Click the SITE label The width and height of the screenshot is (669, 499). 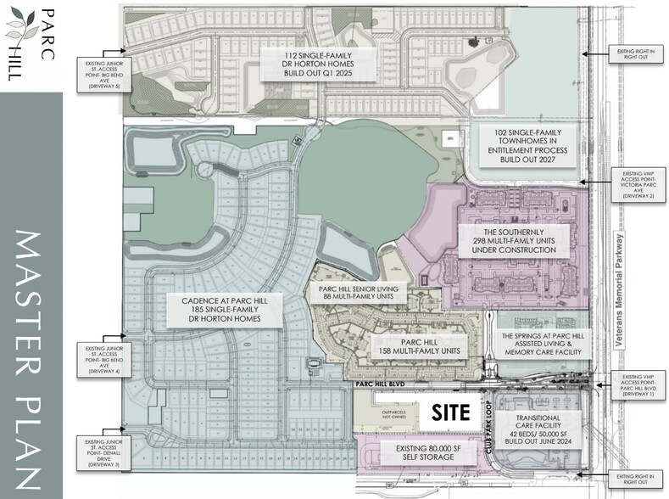pos(450,413)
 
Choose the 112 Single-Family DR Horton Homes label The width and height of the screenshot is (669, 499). pos(316,64)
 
